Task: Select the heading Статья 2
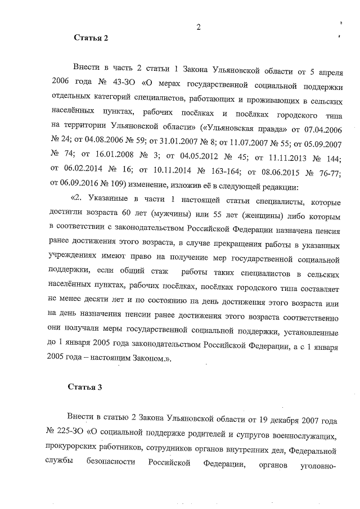pos(91,38)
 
